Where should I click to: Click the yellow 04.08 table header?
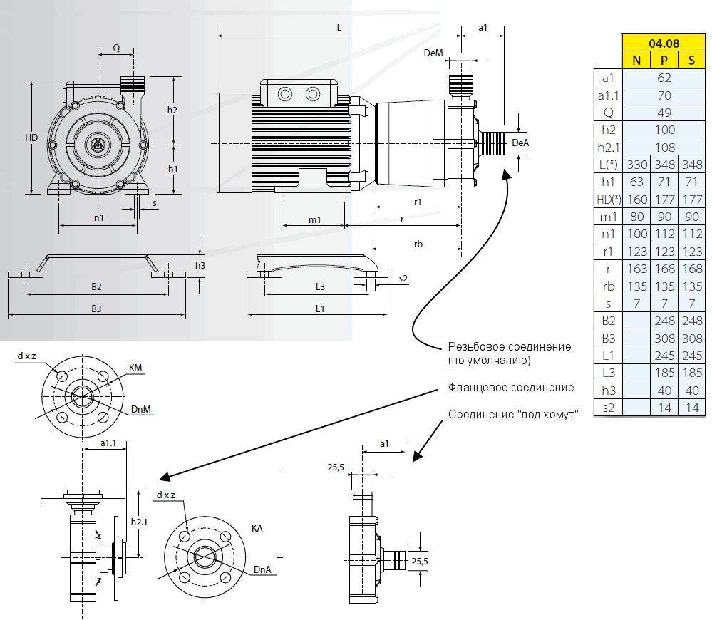pyautogui.click(x=664, y=43)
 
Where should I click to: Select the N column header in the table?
pyautogui.click(x=636, y=60)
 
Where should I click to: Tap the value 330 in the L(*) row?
pyautogui.click(x=636, y=165)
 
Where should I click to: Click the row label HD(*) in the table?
pyautogui.click(x=608, y=199)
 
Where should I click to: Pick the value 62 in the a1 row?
pyautogui.click(x=664, y=78)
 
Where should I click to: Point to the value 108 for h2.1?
pyautogui.click(x=664, y=148)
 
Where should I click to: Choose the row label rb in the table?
pyautogui.click(x=608, y=286)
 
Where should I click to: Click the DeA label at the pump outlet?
pyautogui.click(x=522, y=143)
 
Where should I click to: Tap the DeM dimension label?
pyautogui.click(x=433, y=53)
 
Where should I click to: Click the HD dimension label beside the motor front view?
pyautogui.click(x=31, y=138)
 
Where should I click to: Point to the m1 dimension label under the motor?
pyautogui.click(x=314, y=219)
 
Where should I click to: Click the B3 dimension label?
pyautogui.click(x=96, y=309)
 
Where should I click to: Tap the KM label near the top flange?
pyautogui.click(x=135, y=368)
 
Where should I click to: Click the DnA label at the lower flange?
pyautogui.click(x=263, y=569)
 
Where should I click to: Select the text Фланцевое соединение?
pyautogui.click(x=510, y=388)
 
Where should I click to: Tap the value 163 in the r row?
pyautogui.click(x=636, y=269)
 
